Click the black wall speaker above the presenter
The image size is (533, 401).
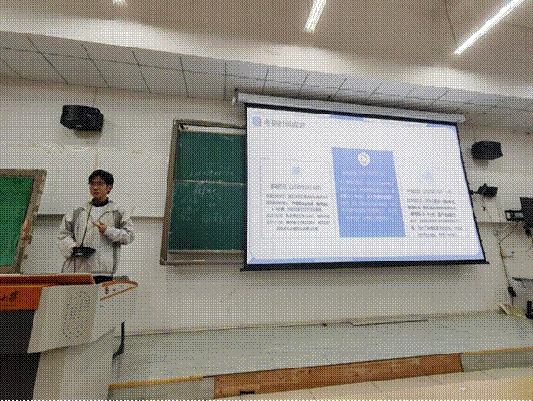pyautogui.click(x=81, y=117)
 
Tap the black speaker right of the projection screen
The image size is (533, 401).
pyautogui.click(x=486, y=150)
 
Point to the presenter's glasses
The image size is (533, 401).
pyautogui.click(x=98, y=185)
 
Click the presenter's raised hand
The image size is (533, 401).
pyautogui.click(x=100, y=226)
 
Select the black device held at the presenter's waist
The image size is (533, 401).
pyautogui.click(x=83, y=252)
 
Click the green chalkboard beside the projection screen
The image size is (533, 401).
pyautogui.click(x=207, y=191)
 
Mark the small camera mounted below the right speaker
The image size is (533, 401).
pyautogui.click(x=484, y=190)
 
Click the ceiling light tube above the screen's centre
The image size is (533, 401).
pyautogui.click(x=316, y=13)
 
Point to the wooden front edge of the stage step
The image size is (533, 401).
pyautogui.click(x=335, y=375)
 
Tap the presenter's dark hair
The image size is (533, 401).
pyautogui.click(x=100, y=175)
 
